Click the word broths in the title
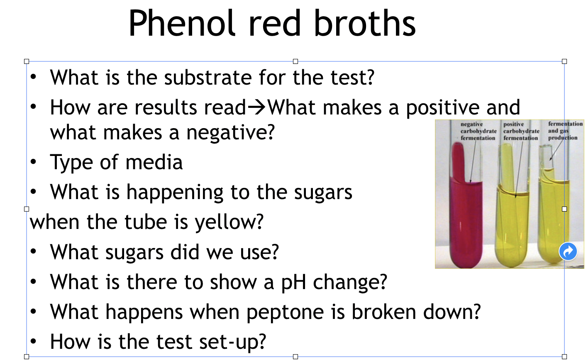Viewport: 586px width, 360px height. click(364, 24)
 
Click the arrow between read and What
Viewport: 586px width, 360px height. click(257, 108)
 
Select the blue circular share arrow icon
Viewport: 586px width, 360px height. click(568, 251)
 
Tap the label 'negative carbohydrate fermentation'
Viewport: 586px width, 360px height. click(478, 131)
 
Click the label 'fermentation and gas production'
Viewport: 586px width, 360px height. click(565, 131)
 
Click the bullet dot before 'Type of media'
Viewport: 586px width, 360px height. click(34, 162)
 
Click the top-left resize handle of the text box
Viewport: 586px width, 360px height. click(27, 61)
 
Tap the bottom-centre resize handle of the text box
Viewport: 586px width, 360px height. click(295, 357)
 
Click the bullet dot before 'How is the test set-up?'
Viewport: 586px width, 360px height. click(34, 342)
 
